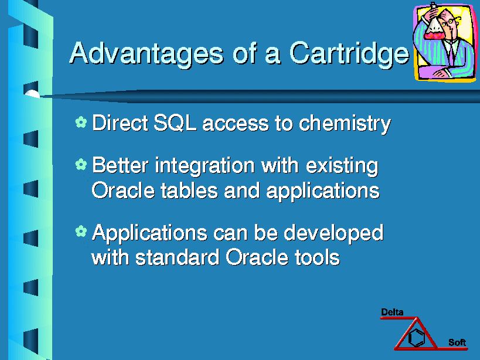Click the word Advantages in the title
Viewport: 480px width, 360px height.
click(x=147, y=54)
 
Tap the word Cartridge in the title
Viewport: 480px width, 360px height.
click(x=349, y=54)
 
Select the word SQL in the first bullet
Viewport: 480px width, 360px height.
click(x=175, y=123)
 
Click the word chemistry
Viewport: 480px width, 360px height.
click(x=345, y=124)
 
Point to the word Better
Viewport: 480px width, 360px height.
click(x=120, y=165)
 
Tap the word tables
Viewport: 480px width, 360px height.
click(x=189, y=191)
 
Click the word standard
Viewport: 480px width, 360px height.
click(x=178, y=257)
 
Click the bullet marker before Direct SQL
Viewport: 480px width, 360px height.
click(x=81, y=122)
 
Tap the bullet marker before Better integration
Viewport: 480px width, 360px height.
click(x=81, y=164)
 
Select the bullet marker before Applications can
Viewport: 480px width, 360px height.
click(x=81, y=231)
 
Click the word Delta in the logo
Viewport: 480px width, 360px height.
click(x=392, y=313)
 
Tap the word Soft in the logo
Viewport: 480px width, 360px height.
click(x=457, y=342)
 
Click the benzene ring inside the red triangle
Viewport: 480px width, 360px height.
click(x=417, y=337)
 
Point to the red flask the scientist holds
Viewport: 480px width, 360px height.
click(x=434, y=29)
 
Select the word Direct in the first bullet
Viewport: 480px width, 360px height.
click(x=120, y=123)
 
